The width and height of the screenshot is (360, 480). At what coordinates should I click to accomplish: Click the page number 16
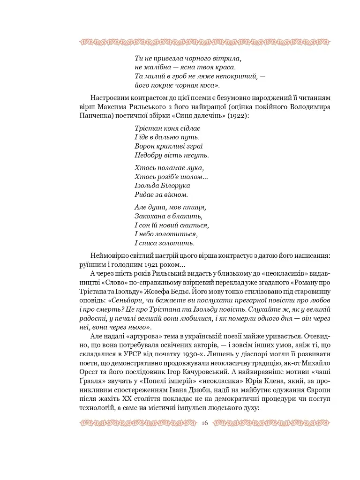[x=204, y=423]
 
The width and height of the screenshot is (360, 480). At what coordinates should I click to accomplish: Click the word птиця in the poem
[x=196, y=207]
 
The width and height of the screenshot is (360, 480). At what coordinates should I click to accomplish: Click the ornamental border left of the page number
[x=136, y=423]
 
